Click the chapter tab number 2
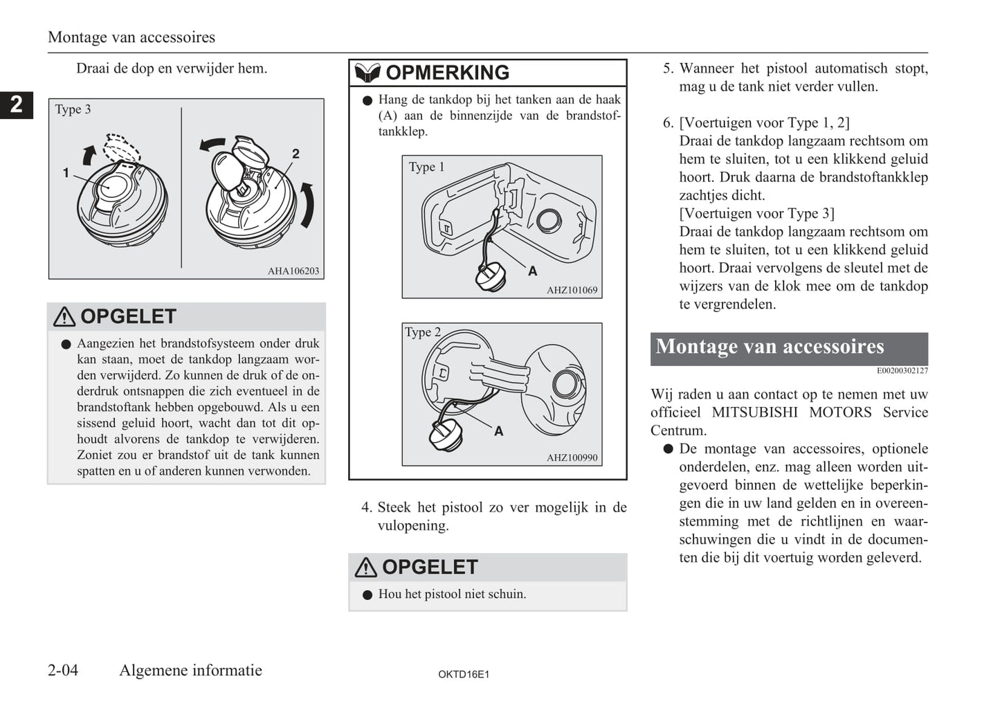(x=16, y=104)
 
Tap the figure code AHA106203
(x=293, y=271)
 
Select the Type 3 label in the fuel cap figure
(x=73, y=109)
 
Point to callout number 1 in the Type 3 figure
(x=66, y=173)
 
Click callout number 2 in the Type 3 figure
(x=296, y=154)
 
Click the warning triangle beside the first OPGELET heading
(x=64, y=317)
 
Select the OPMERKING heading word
(x=447, y=73)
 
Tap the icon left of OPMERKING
(x=367, y=73)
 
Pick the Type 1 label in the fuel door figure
(x=426, y=167)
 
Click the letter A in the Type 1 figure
(x=533, y=271)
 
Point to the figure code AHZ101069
(x=572, y=290)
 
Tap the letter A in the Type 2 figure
(x=498, y=431)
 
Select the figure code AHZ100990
(x=572, y=457)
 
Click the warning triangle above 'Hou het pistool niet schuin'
(x=365, y=567)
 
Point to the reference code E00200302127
(x=902, y=371)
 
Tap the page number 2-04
(x=63, y=670)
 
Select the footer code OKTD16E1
(x=464, y=674)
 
